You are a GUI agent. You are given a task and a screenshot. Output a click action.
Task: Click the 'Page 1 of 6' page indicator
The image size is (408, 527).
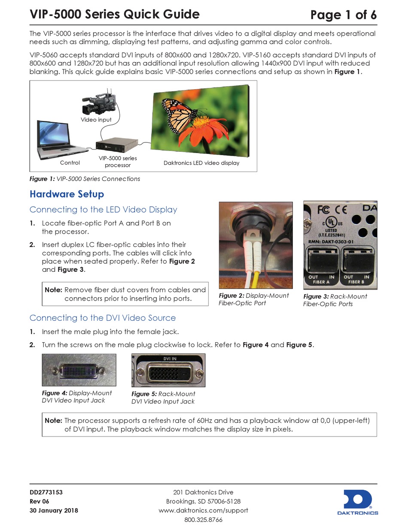[x=344, y=15]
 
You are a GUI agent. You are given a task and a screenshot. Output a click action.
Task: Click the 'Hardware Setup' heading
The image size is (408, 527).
[x=67, y=194]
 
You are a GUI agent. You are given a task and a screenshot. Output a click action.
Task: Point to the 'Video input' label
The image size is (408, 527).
[x=96, y=120]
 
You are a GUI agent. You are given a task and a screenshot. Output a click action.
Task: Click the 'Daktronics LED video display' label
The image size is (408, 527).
[x=201, y=163]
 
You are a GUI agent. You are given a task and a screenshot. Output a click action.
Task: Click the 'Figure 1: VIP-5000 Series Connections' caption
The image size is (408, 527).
[x=85, y=179]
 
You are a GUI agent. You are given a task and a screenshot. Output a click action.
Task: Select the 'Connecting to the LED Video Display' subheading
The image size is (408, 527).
[x=103, y=210]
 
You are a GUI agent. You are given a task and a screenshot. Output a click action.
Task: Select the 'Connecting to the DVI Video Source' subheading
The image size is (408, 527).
[x=102, y=318]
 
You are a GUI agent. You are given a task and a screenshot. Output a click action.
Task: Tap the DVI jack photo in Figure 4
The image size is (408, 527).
[x=79, y=370]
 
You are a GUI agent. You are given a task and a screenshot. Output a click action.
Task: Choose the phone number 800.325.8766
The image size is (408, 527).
[x=203, y=520]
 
